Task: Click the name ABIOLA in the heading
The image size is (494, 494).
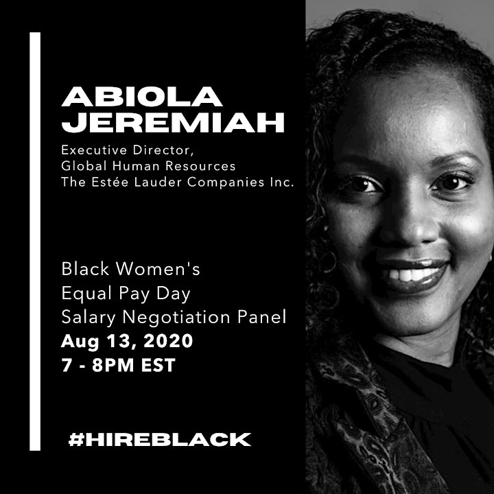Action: point(142,97)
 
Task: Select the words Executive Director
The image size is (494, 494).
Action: point(126,150)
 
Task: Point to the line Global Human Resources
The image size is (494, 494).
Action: point(148,166)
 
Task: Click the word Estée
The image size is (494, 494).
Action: point(110,182)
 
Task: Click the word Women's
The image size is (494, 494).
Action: point(158,269)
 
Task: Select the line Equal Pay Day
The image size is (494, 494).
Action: point(126,294)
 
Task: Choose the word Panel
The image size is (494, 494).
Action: point(262,317)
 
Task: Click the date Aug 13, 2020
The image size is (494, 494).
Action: point(127,342)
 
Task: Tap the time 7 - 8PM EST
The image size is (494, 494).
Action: point(118,365)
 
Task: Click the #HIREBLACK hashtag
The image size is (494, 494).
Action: point(160,439)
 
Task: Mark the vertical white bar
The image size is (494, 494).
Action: point(35,242)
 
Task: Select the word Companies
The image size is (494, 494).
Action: point(226,182)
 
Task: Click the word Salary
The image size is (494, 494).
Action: point(89,318)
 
